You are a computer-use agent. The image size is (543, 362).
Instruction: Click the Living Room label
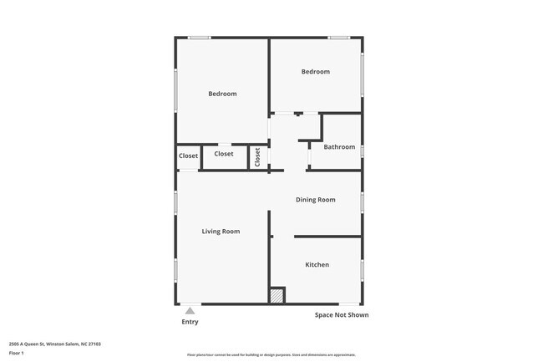pyautogui.click(x=221, y=231)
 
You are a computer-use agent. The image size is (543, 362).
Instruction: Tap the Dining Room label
pyautogui.click(x=316, y=200)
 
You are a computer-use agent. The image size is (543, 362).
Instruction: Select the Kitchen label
pyautogui.click(x=317, y=264)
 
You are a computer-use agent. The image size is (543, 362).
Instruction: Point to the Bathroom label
pyautogui.click(x=339, y=147)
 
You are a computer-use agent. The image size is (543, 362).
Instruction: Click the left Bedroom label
pyautogui.click(x=222, y=94)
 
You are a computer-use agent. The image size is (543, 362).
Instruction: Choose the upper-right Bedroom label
pyautogui.click(x=316, y=72)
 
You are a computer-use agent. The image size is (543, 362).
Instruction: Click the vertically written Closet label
pyautogui.click(x=257, y=156)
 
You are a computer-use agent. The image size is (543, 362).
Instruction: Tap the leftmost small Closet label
pyautogui.click(x=188, y=156)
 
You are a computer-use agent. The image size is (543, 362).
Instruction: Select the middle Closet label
pyautogui.click(x=224, y=154)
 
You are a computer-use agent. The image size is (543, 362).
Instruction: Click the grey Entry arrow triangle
pyautogui.click(x=190, y=311)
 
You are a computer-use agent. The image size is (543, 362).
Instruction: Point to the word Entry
pyautogui.click(x=190, y=322)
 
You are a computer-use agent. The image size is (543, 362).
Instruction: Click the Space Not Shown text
pyautogui.click(x=341, y=315)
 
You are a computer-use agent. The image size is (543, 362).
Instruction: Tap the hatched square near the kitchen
pyautogui.click(x=276, y=295)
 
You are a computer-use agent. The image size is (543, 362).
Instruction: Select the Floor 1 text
pyautogui.click(x=17, y=353)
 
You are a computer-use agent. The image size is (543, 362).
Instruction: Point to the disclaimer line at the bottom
pyautogui.click(x=271, y=355)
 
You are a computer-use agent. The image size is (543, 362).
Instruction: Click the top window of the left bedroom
pyautogui.click(x=199, y=37)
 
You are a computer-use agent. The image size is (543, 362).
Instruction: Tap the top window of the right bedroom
pyautogui.click(x=337, y=37)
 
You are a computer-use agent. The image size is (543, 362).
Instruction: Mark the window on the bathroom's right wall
pyautogui.click(x=362, y=151)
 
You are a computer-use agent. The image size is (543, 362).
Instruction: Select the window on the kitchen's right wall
pyautogui.click(x=362, y=269)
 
